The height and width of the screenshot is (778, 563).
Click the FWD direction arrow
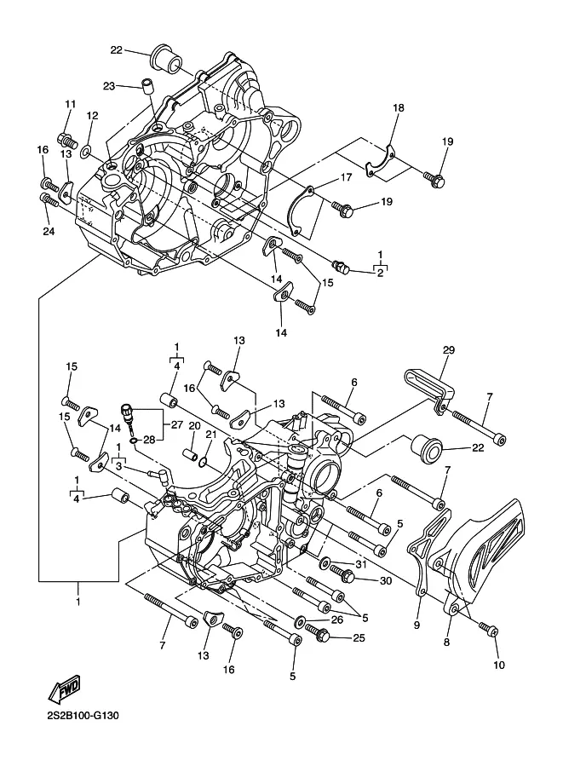(x=64, y=689)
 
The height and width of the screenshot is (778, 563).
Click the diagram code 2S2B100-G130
(x=77, y=716)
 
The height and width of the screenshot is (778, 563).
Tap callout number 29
(x=448, y=350)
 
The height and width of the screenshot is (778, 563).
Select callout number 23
(x=109, y=86)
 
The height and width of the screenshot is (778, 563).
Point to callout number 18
(x=399, y=107)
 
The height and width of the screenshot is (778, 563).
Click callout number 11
(x=71, y=104)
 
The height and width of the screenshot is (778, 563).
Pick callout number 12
(x=93, y=116)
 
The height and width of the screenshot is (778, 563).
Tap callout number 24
(x=49, y=231)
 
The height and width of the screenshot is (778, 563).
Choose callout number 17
(x=346, y=177)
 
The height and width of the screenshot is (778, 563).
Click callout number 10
(x=499, y=665)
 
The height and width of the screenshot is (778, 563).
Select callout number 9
(x=417, y=625)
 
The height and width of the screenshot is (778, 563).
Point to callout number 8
(x=446, y=643)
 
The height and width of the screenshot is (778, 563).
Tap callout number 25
(x=359, y=638)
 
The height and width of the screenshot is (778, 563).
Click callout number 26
(x=337, y=620)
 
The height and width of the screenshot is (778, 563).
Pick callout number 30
(x=386, y=581)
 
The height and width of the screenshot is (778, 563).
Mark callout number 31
(x=360, y=564)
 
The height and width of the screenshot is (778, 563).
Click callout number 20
(x=194, y=426)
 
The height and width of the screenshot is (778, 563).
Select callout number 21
(x=211, y=435)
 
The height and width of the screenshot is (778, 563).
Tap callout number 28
(x=149, y=440)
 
